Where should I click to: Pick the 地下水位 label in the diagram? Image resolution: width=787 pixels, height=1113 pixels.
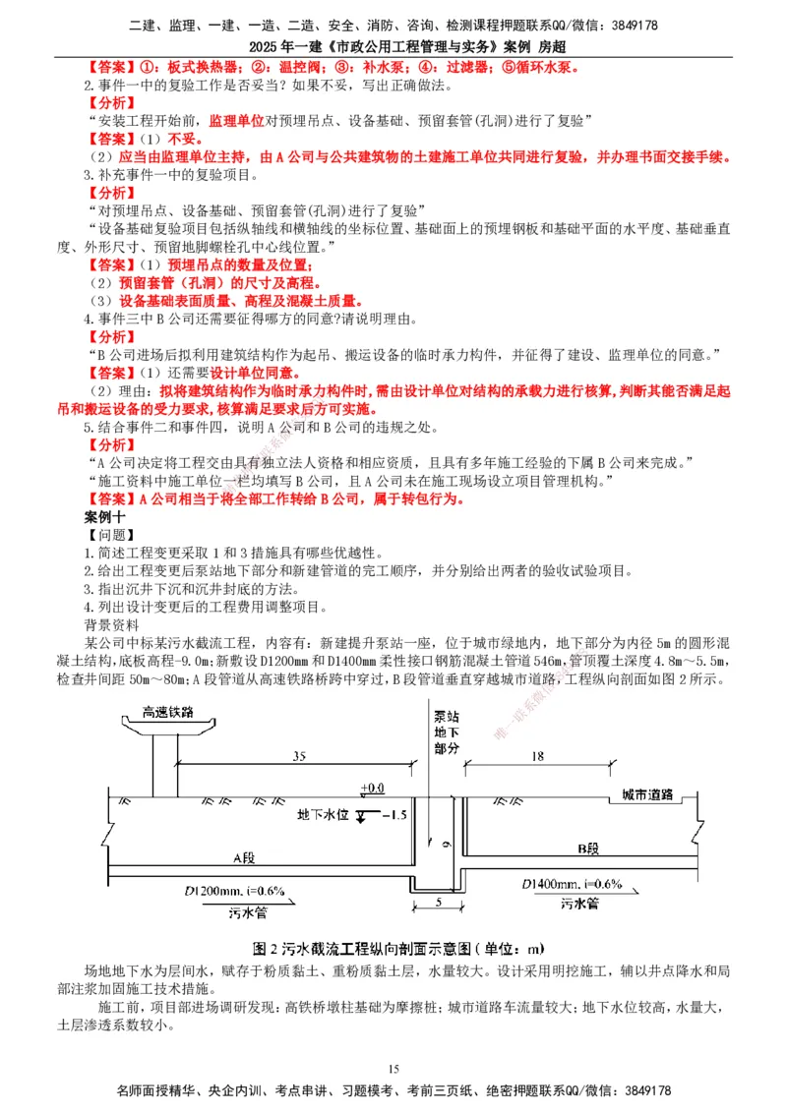(x=322, y=816)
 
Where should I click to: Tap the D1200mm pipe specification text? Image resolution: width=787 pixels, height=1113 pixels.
(x=234, y=891)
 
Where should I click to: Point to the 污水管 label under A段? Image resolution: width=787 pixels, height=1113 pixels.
(x=249, y=912)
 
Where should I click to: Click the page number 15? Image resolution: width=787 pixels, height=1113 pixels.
(x=393, y=1069)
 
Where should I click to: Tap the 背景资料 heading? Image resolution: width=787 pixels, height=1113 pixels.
(x=112, y=624)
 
